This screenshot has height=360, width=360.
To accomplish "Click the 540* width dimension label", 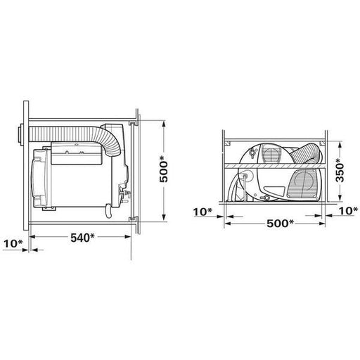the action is [82, 238].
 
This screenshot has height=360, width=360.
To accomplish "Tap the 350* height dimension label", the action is [340, 170].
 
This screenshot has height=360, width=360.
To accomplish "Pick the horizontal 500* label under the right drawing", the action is [280, 224].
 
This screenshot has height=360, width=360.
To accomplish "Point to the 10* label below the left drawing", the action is [13, 244].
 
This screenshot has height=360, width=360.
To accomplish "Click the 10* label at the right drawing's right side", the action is [349, 211].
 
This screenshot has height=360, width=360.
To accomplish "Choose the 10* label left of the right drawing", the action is [202, 212].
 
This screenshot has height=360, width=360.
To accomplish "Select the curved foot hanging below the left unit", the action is [108, 211].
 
